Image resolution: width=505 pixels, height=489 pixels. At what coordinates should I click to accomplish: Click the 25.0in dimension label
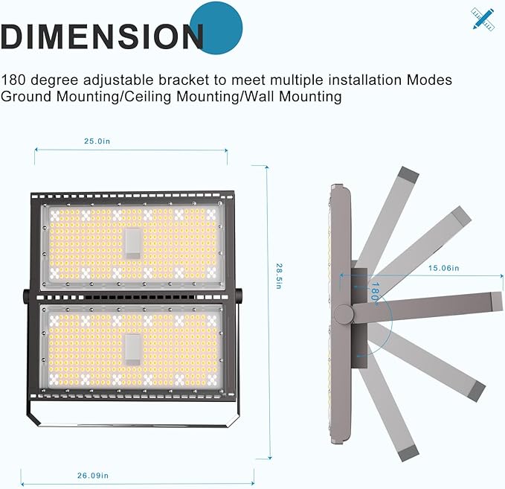click(x=97, y=141)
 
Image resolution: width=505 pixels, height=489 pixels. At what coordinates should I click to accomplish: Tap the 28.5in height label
click(x=279, y=276)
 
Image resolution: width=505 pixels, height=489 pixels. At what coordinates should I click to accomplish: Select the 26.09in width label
click(x=93, y=476)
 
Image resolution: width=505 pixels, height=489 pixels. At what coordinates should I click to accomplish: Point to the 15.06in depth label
click(x=443, y=268)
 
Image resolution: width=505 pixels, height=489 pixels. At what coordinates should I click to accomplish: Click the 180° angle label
click(x=375, y=292)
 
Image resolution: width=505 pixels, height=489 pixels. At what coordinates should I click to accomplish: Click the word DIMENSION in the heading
click(x=102, y=36)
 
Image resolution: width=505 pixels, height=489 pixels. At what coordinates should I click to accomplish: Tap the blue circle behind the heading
click(x=216, y=28)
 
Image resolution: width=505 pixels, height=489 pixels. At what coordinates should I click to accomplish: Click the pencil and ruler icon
click(x=483, y=19)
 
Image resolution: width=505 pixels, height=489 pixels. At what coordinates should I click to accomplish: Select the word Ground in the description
click(x=26, y=96)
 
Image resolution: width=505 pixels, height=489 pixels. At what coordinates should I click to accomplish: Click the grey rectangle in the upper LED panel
click(x=133, y=243)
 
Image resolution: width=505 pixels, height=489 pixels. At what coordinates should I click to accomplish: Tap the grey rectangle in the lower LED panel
click(x=133, y=350)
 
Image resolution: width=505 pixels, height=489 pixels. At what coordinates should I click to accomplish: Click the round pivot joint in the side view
click(x=344, y=314)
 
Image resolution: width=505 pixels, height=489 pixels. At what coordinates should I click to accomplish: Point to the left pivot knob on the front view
click(x=26, y=295)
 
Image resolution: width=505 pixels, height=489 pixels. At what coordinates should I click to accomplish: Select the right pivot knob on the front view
click(x=239, y=295)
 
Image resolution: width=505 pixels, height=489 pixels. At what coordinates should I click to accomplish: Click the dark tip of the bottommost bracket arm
click(x=408, y=453)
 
